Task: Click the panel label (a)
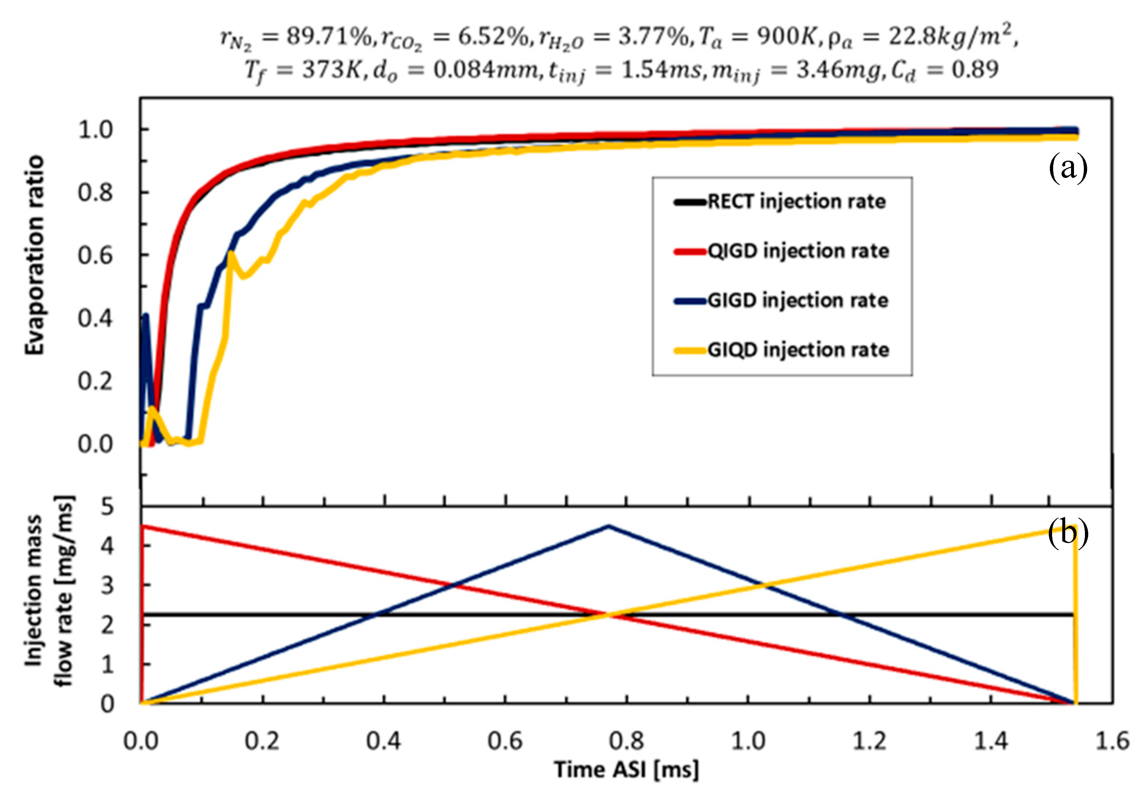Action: point(1067,168)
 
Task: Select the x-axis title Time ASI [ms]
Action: point(627,769)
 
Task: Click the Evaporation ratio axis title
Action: point(35,255)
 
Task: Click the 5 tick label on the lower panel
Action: point(107,507)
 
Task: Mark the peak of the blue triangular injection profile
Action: point(608,525)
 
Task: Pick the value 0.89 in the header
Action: point(975,70)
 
